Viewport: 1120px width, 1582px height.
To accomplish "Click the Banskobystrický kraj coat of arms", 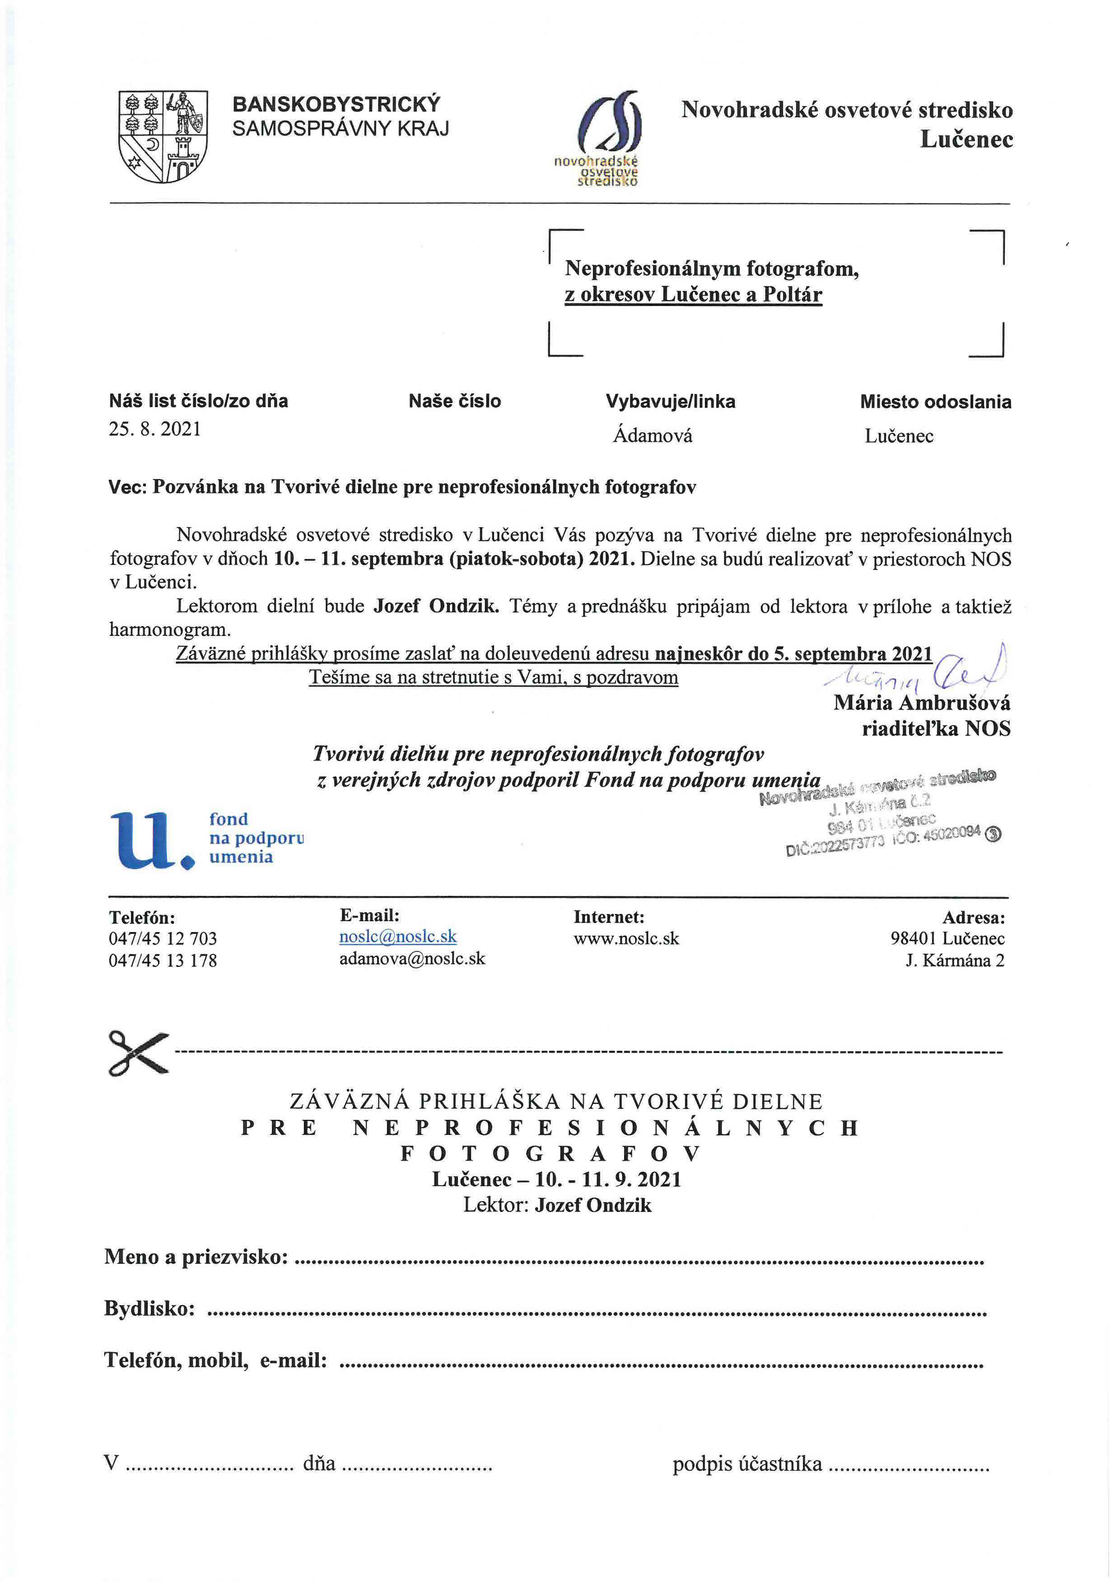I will click(x=163, y=136).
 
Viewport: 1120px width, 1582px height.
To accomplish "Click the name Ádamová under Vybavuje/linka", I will click(x=653, y=436).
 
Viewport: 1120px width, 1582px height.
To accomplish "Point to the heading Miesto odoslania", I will click(x=935, y=402).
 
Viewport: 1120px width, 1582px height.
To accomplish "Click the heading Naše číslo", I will click(x=454, y=401).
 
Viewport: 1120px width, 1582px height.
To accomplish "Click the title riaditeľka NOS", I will click(x=936, y=728).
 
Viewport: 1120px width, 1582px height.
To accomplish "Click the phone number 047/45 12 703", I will click(x=163, y=938).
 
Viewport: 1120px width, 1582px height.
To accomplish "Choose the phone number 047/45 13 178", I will click(x=163, y=960).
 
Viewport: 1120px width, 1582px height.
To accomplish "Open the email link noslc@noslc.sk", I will click(x=398, y=936).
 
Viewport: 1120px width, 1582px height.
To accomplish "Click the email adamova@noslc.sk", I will click(x=412, y=958).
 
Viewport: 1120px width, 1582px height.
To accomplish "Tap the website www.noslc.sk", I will click(x=626, y=938).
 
